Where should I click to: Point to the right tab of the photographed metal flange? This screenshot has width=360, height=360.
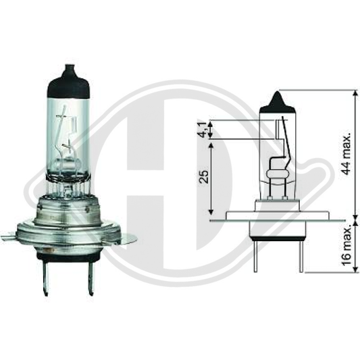pos(128,238)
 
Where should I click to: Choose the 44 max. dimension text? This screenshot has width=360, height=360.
pos(346,155)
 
